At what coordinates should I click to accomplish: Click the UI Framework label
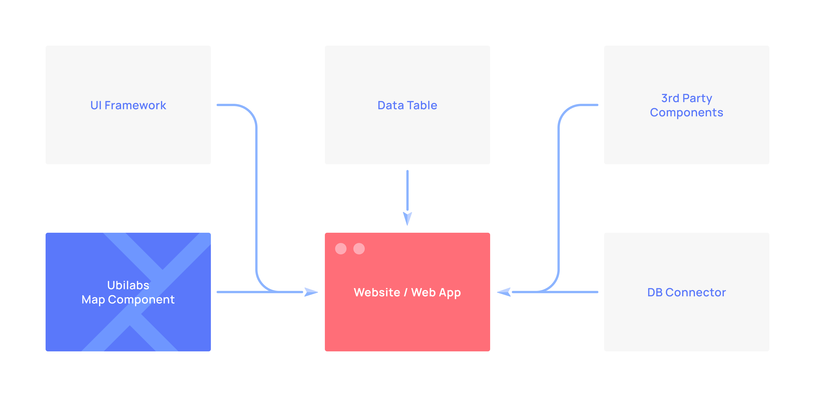[x=128, y=105]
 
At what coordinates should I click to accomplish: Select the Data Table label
[x=407, y=105]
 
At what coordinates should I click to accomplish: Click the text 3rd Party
[x=686, y=98]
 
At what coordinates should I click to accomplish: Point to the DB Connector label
[x=686, y=292]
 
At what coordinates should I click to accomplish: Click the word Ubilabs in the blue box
[x=128, y=285]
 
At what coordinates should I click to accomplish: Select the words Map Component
[x=128, y=300]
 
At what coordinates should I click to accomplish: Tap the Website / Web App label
[x=407, y=293]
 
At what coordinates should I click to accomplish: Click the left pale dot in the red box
[x=341, y=249]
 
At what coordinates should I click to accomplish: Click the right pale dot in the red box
[x=359, y=249]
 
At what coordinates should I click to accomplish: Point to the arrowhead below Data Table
[x=407, y=218]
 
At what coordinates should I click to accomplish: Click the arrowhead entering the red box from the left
[x=311, y=292]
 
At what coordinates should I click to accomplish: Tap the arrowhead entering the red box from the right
[x=504, y=292]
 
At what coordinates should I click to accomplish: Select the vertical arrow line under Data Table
[x=407, y=191]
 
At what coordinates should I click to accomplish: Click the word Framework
[x=135, y=105]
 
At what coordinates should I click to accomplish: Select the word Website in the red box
[x=377, y=292]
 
